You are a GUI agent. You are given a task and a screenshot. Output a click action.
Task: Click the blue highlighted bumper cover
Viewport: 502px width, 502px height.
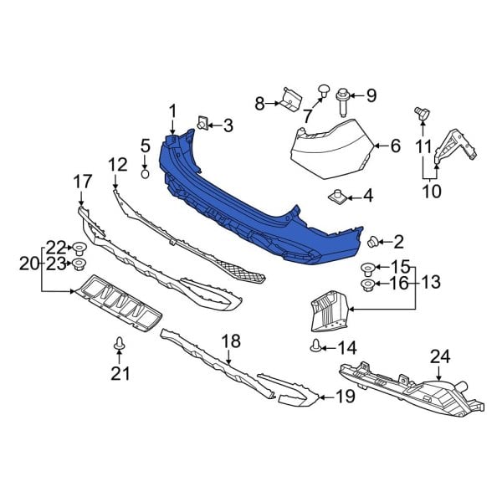click(x=251, y=201)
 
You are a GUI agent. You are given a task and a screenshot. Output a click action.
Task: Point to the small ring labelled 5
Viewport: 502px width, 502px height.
click(x=146, y=174)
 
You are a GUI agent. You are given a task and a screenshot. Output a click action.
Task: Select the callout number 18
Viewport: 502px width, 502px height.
click(x=230, y=341)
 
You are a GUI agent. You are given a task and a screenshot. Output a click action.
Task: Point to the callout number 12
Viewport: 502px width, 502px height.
click(x=117, y=164)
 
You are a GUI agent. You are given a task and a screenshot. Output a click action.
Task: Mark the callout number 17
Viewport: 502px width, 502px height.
click(x=81, y=181)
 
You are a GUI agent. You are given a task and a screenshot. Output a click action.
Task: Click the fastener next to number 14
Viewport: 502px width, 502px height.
click(x=315, y=346)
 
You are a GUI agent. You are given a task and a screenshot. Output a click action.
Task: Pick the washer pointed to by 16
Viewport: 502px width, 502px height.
click(x=366, y=284)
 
